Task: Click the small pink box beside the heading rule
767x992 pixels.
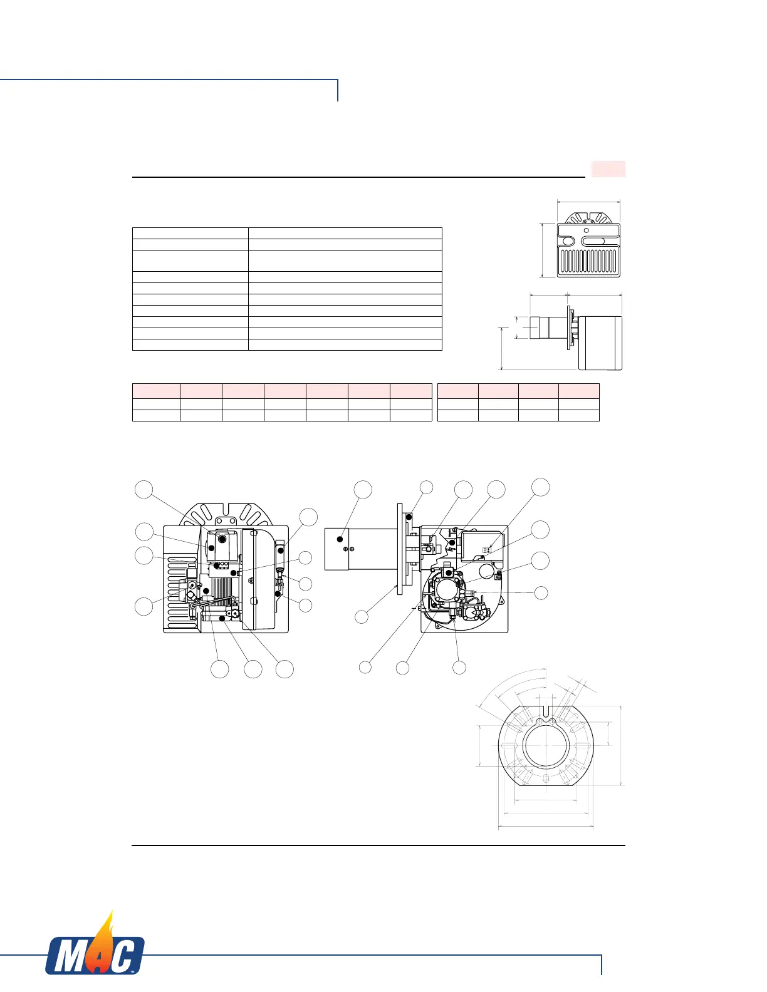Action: (608, 169)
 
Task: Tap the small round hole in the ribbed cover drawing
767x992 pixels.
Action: (586, 230)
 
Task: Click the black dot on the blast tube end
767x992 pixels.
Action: (340, 539)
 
